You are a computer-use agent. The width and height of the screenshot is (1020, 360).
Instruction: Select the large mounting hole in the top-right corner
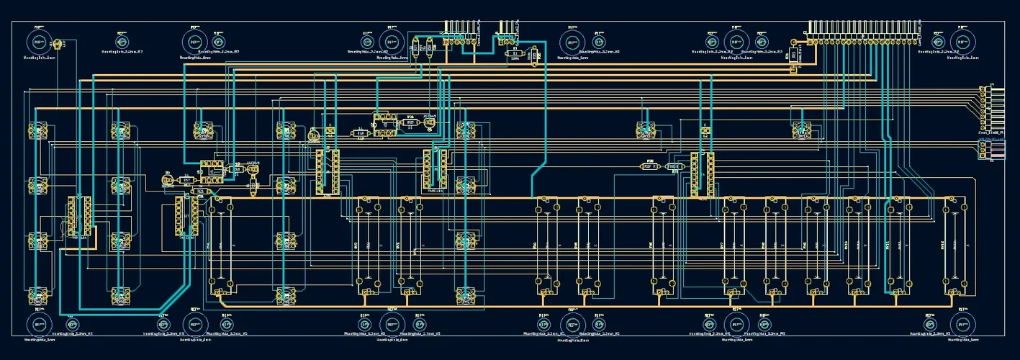pyautogui.click(x=963, y=40)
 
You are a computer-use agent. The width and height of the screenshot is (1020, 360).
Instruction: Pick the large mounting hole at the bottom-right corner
pyautogui.click(x=963, y=325)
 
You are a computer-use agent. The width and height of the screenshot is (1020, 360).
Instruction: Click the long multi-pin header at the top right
pyautogui.click(x=863, y=30)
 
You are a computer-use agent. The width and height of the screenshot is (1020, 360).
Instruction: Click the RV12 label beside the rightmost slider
pyautogui.click(x=942, y=245)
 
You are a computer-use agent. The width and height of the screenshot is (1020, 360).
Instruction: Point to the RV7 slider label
pyautogui.click(x=721, y=245)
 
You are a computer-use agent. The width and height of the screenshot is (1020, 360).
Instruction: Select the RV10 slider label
pyautogui.click(x=846, y=245)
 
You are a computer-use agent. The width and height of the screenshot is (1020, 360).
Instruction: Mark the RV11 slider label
pyautogui.click(x=887, y=245)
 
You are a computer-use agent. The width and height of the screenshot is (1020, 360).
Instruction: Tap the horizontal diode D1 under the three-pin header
pyautogui.click(x=515, y=53)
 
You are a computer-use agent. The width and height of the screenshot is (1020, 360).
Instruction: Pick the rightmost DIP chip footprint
pyautogui.click(x=702, y=174)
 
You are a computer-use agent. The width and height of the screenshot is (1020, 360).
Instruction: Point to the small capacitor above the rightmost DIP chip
pyautogui.click(x=705, y=132)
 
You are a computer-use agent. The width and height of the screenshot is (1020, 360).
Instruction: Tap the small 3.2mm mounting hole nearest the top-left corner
pyautogui.click(x=121, y=40)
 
